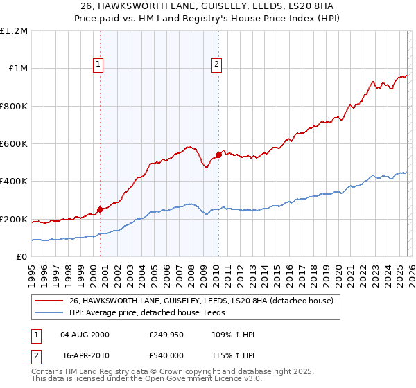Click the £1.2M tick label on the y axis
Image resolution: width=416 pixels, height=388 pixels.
tap(14, 31)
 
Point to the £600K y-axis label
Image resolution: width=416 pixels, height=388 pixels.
tap(14, 144)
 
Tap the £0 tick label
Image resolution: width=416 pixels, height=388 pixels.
tap(22, 257)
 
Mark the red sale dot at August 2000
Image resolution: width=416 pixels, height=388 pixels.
tap(100, 209)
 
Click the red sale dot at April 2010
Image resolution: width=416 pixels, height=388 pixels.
tap(218, 155)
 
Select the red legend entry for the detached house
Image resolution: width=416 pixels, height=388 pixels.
tap(201, 301)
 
